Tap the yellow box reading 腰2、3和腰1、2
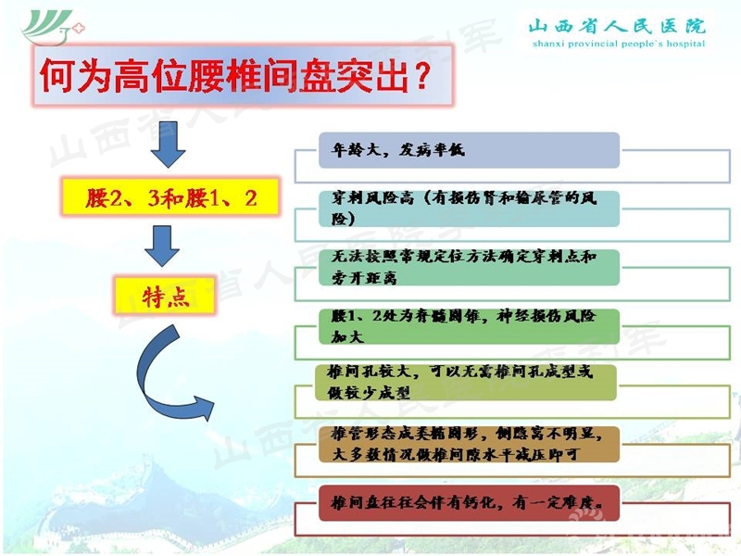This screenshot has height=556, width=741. coord(170,197)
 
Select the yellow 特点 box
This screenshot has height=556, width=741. coord(165,296)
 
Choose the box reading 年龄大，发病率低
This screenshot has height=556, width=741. coord(468,150)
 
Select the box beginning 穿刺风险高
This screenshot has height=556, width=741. coord(468,208)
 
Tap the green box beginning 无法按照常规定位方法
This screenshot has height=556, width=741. coord(468,267)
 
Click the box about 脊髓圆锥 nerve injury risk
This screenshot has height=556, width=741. coord(468,325)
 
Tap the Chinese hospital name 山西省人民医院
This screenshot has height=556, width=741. coord(616,25)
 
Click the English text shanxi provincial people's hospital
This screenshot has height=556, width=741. coord(616,44)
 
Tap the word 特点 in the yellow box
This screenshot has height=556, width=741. coord(165,296)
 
